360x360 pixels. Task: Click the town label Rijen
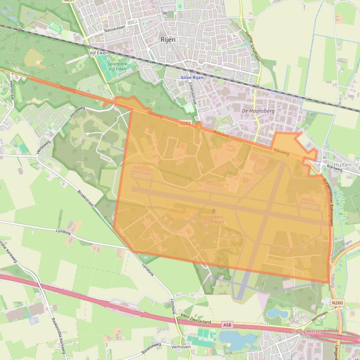tap(168, 40)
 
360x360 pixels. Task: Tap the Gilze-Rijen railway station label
tap(192, 78)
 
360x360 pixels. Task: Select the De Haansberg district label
tap(258, 111)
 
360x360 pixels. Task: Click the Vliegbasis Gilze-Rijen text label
tap(214, 219)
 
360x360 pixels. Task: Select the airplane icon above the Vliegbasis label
tap(214, 211)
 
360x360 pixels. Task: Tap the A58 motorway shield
tap(227, 324)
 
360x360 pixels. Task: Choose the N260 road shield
tap(337, 303)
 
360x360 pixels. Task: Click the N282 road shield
tap(185, 123)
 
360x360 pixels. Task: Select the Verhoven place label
tap(181, 347)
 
